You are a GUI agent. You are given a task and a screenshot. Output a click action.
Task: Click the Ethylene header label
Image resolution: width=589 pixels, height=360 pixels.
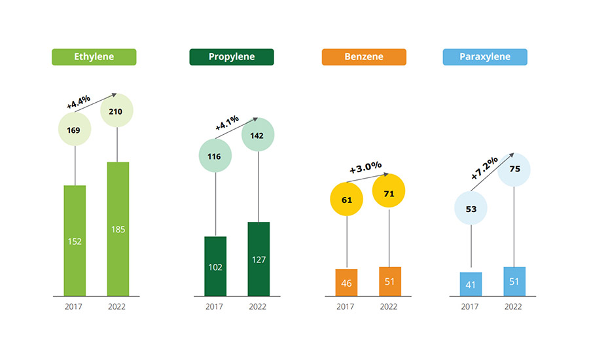point(94,57)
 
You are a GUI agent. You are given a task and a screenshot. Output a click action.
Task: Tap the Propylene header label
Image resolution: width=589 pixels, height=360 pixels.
point(232,57)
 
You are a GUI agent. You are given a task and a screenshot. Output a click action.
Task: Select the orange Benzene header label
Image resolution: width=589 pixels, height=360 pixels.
point(364,57)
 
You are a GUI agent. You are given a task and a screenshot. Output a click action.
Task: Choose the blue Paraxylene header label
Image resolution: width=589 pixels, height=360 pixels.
point(485,57)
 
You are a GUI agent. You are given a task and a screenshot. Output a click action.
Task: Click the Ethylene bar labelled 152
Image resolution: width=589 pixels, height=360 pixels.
point(75,241)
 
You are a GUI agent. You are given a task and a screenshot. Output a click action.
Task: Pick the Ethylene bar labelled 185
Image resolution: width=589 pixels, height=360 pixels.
point(118,229)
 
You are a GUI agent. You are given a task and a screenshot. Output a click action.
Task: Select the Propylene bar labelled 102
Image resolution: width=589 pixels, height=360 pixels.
point(215,266)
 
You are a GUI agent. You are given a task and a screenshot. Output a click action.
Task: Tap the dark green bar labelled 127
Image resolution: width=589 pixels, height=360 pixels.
point(258,259)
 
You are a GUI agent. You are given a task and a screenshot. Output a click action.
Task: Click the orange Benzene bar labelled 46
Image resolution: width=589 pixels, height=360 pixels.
point(346,283)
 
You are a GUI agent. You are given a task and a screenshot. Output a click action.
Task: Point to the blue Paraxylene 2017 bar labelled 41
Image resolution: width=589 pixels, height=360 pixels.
point(471,284)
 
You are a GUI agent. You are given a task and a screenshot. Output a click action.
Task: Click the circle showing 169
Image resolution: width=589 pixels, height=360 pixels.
point(75,130)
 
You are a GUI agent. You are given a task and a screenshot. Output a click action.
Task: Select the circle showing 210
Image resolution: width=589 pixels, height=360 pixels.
point(117,111)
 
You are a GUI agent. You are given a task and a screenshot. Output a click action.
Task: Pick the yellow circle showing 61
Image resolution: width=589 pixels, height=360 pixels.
point(347,200)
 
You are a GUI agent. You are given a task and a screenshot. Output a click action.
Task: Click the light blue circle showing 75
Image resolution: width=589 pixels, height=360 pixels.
point(514,169)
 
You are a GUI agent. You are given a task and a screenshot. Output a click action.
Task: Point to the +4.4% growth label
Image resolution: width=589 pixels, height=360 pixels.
point(79,101)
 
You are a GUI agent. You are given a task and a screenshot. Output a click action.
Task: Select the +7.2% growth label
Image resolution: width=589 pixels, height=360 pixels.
point(484,168)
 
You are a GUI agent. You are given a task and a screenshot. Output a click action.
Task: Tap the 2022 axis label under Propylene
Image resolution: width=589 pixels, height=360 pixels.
point(258,306)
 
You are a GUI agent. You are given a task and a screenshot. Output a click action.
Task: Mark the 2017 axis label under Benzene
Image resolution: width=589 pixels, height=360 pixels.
point(346,306)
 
